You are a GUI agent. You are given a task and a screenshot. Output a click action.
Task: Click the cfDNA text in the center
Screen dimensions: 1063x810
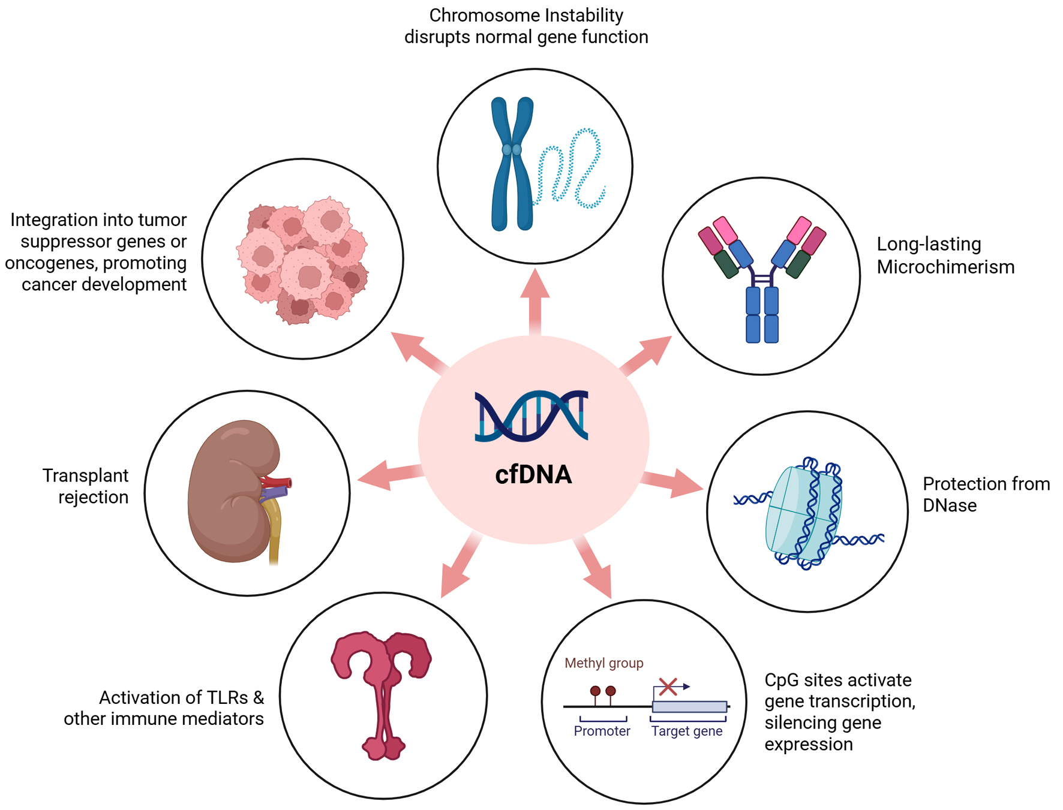click(x=533, y=475)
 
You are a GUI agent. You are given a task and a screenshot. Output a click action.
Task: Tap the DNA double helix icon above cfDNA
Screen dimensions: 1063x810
click(x=531, y=416)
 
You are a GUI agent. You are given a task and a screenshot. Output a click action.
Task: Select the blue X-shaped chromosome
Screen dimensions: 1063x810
click(x=512, y=164)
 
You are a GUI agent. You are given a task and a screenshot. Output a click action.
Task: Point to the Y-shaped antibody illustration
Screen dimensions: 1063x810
click(x=762, y=279)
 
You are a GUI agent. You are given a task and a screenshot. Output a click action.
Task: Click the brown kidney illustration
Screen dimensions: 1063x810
click(x=234, y=492)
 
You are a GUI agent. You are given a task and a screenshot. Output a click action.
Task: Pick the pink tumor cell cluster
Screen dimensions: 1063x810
click(x=303, y=260)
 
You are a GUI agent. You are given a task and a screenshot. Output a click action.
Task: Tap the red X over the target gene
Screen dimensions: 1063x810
click(x=668, y=686)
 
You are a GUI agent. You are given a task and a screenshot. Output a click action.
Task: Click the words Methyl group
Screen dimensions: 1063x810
click(x=604, y=663)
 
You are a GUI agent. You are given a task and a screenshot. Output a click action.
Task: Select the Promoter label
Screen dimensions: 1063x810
click(x=602, y=731)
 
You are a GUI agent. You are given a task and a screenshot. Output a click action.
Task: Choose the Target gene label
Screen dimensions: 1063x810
click(x=687, y=731)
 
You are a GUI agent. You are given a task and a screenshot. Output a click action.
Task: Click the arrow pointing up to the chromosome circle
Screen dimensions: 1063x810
click(x=535, y=302)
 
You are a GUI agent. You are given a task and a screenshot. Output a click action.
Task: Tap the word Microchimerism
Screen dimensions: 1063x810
click(x=945, y=267)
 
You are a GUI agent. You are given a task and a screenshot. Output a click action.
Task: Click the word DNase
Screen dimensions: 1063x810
click(x=950, y=505)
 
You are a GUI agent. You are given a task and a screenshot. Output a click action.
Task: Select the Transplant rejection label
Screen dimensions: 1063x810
click(x=86, y=486)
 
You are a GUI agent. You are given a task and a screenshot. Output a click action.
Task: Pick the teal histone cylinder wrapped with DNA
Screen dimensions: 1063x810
click(x=804, y=513)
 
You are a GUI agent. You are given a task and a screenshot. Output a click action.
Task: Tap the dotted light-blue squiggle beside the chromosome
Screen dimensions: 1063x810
click(x=570, y=168)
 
